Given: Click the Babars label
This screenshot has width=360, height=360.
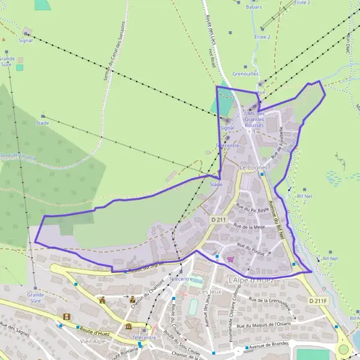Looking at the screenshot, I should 254,7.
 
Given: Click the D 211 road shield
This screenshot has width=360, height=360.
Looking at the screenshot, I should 218,220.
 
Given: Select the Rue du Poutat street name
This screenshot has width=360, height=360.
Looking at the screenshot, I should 250,247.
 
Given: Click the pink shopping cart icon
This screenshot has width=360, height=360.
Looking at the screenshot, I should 230,259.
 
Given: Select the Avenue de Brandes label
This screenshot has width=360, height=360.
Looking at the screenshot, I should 269,345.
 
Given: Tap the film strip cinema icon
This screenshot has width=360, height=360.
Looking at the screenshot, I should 66,316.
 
